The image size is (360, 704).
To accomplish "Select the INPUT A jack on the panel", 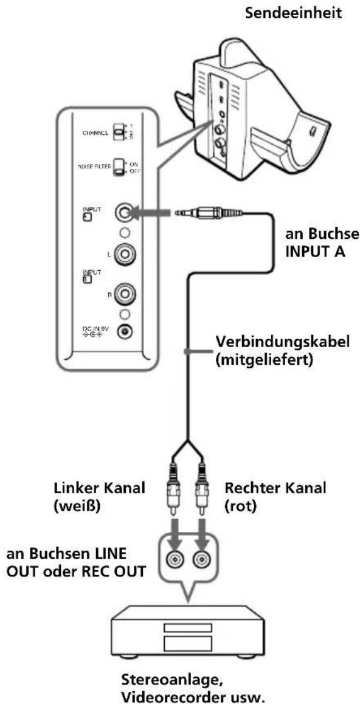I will point(125,213).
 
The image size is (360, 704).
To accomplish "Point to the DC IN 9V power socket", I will point(125,332).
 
